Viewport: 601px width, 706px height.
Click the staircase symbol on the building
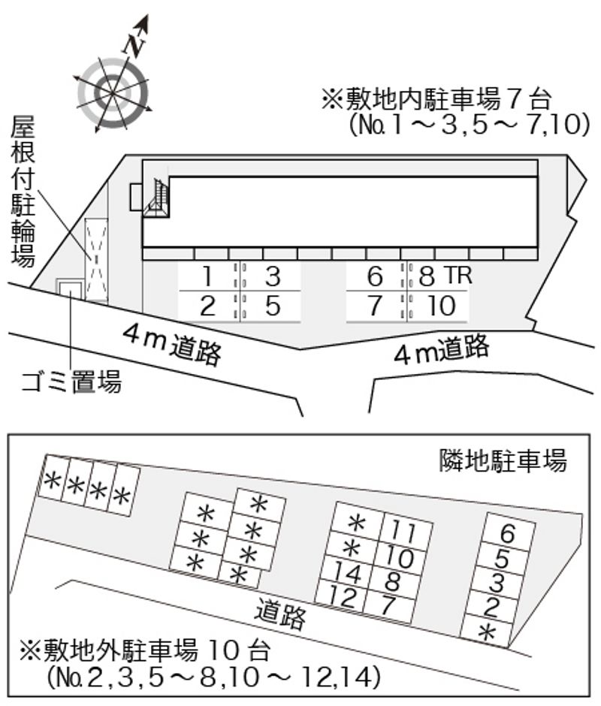pos(156,198)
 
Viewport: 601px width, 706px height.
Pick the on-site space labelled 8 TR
pos(438,276)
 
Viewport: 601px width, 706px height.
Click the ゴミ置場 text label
pos(71,382)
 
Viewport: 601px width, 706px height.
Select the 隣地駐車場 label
pos(503,460)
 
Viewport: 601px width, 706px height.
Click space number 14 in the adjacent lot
pos(347,573)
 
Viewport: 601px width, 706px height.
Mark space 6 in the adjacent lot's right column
pos(508,533)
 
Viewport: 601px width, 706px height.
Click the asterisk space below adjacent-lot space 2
pos(487,632)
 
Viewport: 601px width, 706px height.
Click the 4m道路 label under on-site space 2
pos(172,345)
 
